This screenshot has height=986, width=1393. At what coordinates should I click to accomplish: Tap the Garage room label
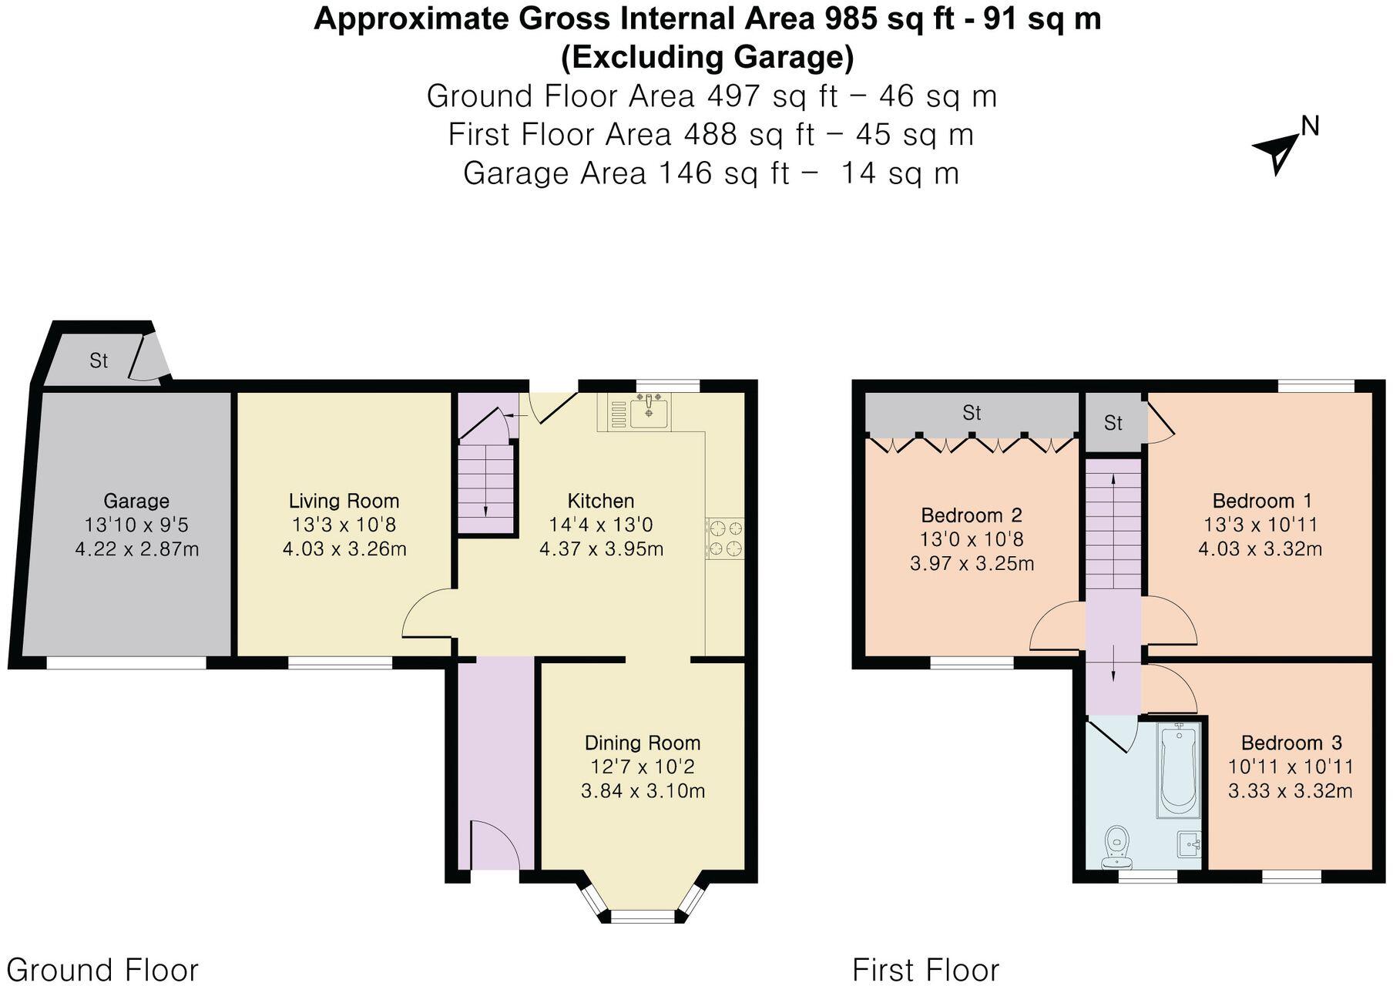136,501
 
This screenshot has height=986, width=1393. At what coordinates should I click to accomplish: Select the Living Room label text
344,501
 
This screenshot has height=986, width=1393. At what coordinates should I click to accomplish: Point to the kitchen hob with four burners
724,538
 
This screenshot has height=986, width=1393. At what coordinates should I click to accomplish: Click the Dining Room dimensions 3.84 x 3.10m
643,791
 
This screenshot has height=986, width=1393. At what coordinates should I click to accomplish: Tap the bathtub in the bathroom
1179,770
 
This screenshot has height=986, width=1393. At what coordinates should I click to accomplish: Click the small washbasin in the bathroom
1190,844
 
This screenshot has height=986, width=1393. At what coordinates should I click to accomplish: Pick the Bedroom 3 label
1291,743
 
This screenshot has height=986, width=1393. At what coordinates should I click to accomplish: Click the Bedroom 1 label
1261,501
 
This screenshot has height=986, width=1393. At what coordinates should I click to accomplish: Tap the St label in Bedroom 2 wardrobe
972,413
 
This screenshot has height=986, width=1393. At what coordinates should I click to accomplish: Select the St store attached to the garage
98,361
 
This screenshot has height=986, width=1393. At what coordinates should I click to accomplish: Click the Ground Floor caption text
102,969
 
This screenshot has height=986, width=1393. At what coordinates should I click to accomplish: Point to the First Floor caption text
925,969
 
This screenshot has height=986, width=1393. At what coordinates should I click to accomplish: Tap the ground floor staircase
485,485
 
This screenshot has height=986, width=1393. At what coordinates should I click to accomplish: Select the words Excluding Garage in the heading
707,57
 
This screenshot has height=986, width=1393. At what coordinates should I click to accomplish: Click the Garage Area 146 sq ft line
710,173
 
